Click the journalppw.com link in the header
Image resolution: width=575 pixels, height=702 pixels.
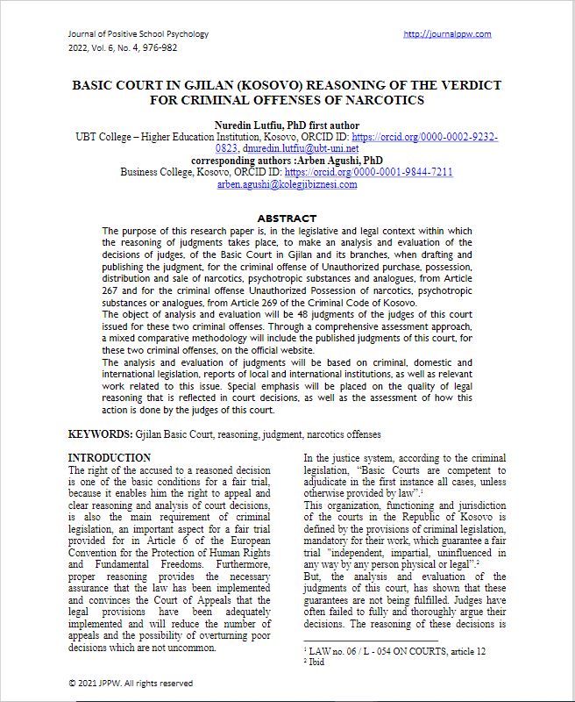coord(447,34)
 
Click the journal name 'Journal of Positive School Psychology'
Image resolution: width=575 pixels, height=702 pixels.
coord(138,34)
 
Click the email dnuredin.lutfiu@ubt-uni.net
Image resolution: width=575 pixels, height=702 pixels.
coord(299,149)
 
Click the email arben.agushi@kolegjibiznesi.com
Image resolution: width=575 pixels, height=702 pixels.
coord(287,184)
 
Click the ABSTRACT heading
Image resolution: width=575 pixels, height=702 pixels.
coord(287,218)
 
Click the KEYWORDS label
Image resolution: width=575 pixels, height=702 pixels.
coord(101,434)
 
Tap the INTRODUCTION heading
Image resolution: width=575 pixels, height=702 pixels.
coord(110,457)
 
